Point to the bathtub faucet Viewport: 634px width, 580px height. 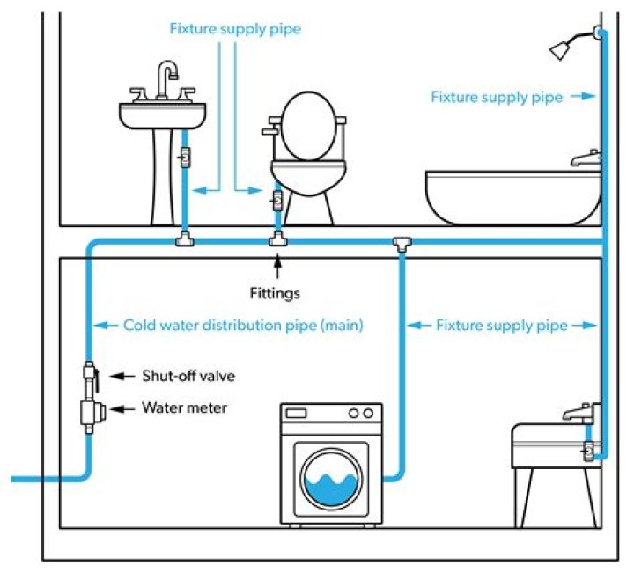click(x=585, y=159)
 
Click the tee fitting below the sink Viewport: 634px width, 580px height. click(x=184, y=239)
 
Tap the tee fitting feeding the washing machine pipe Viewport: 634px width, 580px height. click(x=404, y=242)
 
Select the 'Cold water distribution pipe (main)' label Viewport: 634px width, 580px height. click(x=242, y=325)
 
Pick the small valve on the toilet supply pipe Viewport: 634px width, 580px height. click(x=276, y=201)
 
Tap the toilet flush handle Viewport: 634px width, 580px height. click(x=269, y=131)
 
